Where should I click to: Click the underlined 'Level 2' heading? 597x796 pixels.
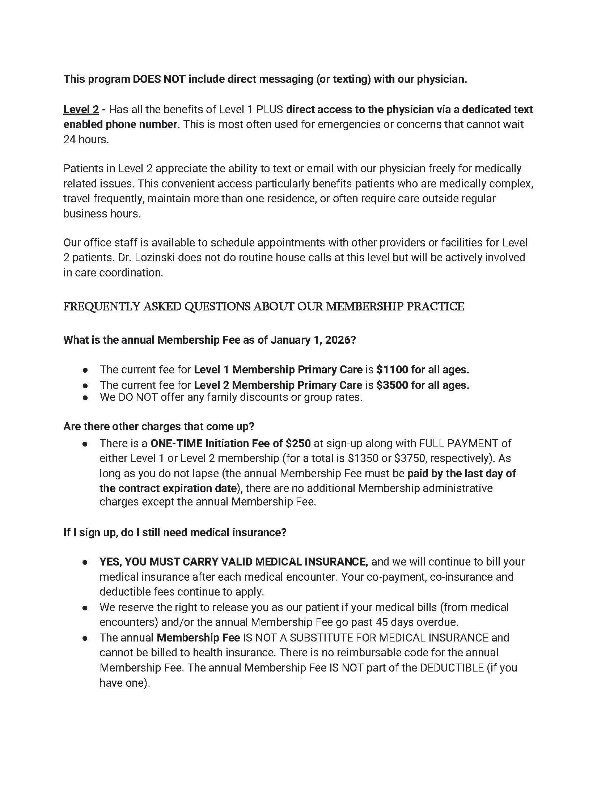(x=81, y=110)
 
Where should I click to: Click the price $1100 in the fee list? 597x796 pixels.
(x=392, y=370)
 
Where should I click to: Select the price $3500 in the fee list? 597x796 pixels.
(x=392, y=385)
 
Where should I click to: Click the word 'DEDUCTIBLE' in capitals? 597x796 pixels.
(x=452, y=668)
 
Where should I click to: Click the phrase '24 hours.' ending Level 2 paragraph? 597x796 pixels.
(x=86, y=140)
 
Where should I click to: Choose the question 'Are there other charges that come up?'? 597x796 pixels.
(x=159, y=427)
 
